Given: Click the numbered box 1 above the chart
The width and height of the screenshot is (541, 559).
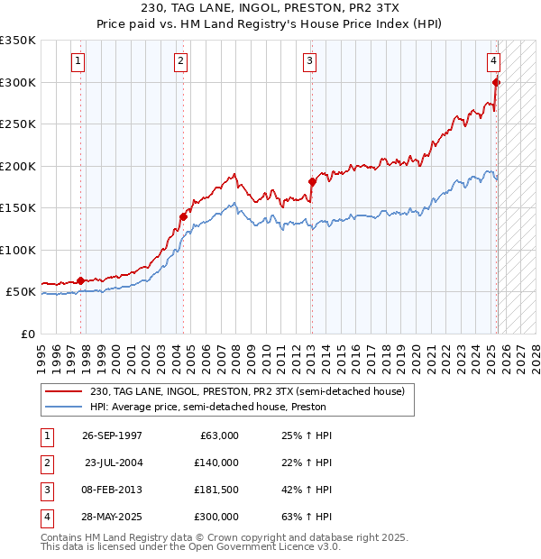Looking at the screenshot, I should pos(78,61).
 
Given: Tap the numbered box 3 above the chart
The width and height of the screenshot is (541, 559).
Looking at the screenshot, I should pos(309,61).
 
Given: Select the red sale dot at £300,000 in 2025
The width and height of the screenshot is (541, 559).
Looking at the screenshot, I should pos(496,82).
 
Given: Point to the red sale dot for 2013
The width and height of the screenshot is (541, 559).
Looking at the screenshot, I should pos(312,181).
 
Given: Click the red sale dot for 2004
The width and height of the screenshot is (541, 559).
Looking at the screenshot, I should pos(183,216).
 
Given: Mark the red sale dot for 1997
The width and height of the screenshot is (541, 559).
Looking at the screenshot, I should pos(80,280).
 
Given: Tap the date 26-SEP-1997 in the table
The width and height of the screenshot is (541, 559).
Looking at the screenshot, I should pos(112,435).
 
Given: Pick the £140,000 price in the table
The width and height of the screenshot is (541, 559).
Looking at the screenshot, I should pos(216,463).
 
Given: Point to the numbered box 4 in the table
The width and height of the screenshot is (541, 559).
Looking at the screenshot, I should pos(46,517).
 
